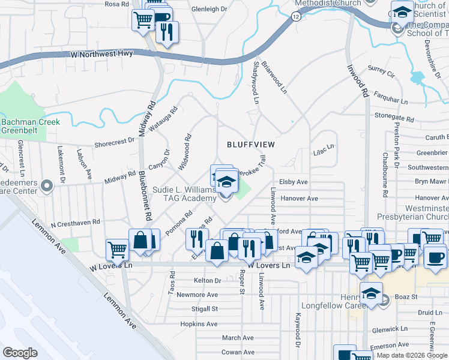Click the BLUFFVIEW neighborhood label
250,145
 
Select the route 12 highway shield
296,17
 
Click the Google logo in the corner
20,353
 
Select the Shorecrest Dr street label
114,142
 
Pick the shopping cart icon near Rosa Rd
143,19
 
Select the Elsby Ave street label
293,182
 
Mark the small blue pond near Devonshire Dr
418,77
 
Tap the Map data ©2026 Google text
412,355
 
